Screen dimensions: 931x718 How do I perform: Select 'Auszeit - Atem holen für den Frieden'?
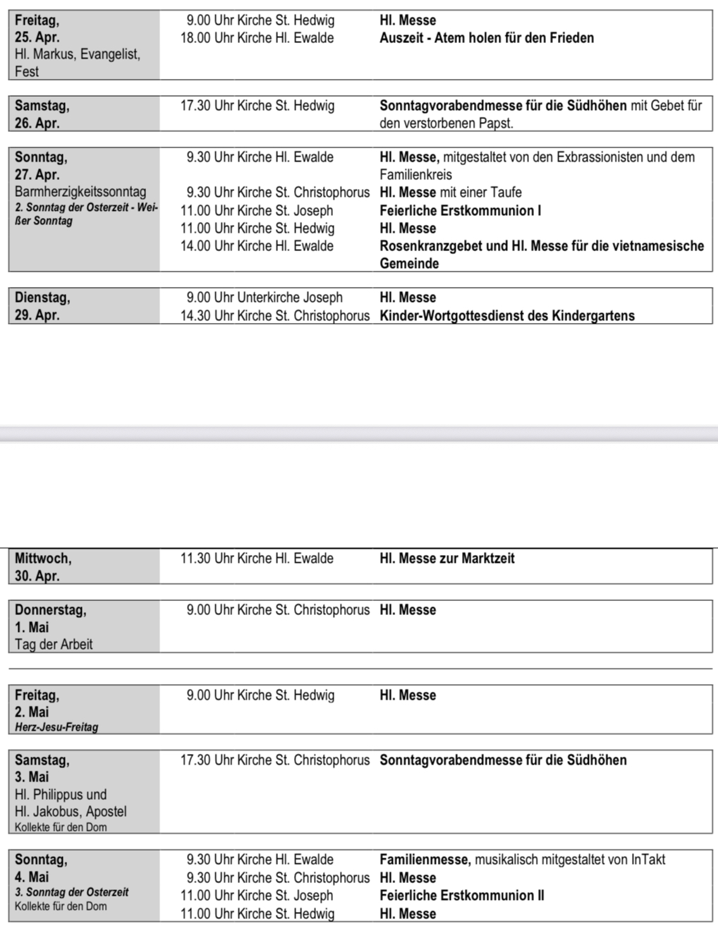click(x=486, y=38)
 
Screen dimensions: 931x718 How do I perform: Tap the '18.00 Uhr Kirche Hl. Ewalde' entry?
click(x=257, y=38)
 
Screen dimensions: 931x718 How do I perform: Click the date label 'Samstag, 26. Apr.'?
click(x=42, y=114)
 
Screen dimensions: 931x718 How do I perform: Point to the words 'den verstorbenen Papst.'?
click(x=446, y=123)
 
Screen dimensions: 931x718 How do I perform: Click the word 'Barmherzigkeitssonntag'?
click(x=80, y=192)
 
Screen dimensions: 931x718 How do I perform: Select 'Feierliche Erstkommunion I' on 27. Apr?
click(x=460, y=210)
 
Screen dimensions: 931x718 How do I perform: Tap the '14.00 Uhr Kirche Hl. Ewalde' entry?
click(x=257, y=246)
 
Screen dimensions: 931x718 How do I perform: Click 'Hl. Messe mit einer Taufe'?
click(x=450, y=193)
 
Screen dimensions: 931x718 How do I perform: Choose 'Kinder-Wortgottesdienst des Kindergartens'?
click(x=506, y=316)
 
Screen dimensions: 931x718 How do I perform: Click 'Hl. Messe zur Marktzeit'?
click(x=446, y=559)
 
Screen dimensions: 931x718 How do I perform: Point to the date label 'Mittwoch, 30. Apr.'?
click(x=42, y=567)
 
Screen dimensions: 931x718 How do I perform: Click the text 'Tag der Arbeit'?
click(x=54, y=644)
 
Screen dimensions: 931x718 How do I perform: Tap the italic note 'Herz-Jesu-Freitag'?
click(x=56, y=727)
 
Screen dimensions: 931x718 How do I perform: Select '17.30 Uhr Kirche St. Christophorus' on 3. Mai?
click(x=274, y=760)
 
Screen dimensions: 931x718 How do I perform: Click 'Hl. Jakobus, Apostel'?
click(x=71, y=811)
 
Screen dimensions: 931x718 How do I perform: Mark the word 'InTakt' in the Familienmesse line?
click(x=647, y=860)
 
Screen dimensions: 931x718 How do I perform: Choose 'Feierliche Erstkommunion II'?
click(x=461, y=896)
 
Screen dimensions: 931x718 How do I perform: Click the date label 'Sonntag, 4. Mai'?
click(x=41, y=868)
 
